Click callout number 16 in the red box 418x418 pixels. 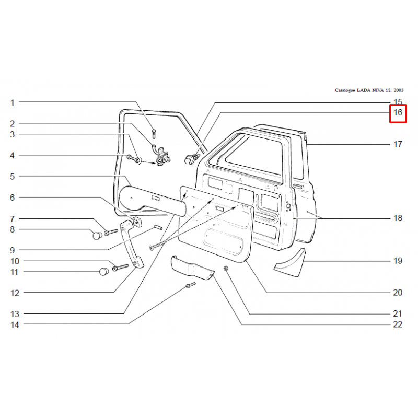click(398, 112)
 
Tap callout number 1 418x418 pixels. click(12, 102)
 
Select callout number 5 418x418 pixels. click(12, 177)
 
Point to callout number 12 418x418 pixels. click(15, 293)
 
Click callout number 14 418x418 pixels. click(15, 324)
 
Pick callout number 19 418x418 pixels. click(398, 261)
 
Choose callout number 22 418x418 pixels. click(398, 324)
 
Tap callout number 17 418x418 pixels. click(398, 144)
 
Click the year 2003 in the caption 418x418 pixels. click(399, 90)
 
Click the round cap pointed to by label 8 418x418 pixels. click(97, 236)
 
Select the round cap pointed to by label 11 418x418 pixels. click(104, 272)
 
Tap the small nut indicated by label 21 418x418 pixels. click(226, 268)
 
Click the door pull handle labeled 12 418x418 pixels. click(132, 244)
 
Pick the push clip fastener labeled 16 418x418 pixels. click(191, 158)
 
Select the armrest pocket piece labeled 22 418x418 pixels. click(192, 268)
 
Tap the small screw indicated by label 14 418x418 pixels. click(191, 285)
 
